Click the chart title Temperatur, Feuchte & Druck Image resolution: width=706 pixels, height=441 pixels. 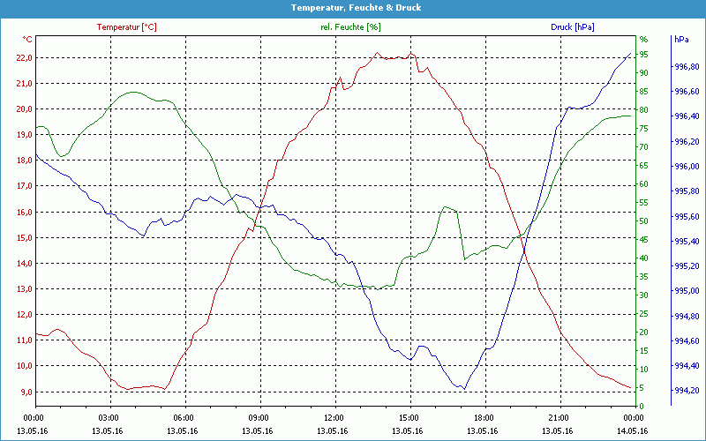click(353, 7)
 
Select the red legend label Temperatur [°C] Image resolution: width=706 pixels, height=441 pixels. click(126, 27)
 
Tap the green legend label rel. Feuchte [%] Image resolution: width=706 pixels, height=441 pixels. click(350, 27)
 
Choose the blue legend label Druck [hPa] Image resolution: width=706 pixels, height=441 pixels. click(572, 27)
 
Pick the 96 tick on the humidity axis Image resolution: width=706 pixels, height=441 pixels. click(643, 40)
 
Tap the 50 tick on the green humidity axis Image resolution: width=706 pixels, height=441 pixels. click(643, 221)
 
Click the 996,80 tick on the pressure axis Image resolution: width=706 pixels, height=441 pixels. click(687, 67)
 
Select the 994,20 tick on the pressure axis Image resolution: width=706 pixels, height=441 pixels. click(687, 391)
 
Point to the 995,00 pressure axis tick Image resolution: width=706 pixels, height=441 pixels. click(687, 291)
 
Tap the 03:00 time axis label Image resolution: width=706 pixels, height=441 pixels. click(109, 417)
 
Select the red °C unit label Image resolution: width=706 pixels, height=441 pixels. click(27, 40)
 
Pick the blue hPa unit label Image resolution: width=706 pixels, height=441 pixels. click(681, 40)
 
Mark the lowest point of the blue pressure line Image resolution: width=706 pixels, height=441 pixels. click(462, 388)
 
